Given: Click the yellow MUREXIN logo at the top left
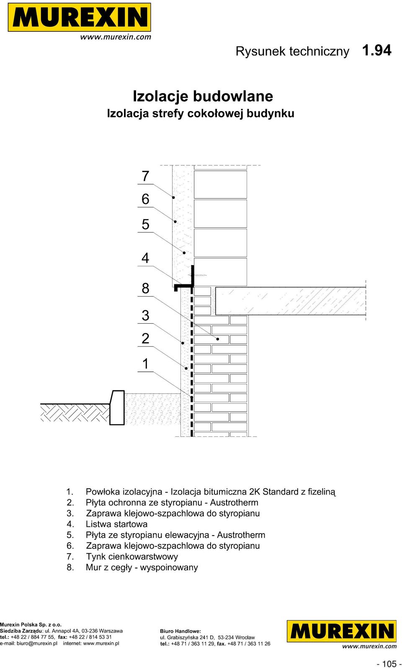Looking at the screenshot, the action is [79, 17].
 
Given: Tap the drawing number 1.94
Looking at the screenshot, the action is [376, 50].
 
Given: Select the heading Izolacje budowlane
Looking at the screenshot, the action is [203, 96].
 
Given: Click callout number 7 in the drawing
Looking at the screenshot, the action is [145, 176].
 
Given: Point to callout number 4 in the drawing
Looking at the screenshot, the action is [145, 258].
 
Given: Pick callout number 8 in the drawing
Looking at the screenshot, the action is [145, 289].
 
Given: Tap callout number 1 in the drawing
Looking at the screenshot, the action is [145, 364].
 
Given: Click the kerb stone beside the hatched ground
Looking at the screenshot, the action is [117, 408].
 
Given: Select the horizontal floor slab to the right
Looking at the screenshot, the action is [291, 301].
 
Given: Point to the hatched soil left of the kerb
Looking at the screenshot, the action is [75, 413].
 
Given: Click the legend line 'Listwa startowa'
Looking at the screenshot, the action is [116, 524].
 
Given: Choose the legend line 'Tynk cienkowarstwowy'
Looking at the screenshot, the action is [132, 556].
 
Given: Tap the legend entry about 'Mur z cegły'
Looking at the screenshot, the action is [142, 567].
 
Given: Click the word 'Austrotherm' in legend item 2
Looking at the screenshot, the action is [234, 503].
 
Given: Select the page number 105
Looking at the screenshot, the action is [389, 663].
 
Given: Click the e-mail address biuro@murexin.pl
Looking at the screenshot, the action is [37, 643].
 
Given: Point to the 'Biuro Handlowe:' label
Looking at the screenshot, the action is [180, 631].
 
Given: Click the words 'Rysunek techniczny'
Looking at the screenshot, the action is [292, 51].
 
